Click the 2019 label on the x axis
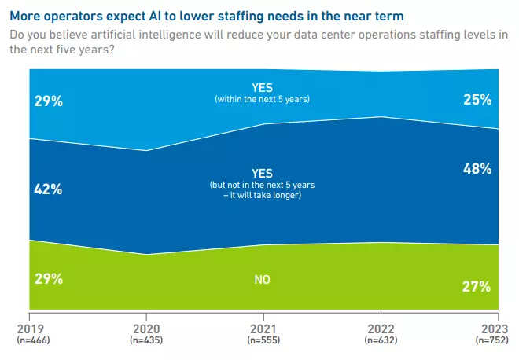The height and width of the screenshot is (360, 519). pyautogui.click(x=29, y=329)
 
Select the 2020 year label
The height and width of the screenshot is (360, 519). pyautogui.click(x=145, y=329)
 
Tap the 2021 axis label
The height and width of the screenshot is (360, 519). pyautogui.click(x=263, y=329)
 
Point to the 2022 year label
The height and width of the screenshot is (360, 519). pyautogui.click(x=381, y=329)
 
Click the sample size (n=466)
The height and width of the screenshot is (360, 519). pyautogui.click(x=30, y=340)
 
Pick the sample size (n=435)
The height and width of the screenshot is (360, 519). pyautogui.click(x=145, y=340)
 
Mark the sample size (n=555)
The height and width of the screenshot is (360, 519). pyautogui.click(x=263, y=340)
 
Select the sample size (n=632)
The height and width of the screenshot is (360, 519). pyautogui.click(x=381, y=340)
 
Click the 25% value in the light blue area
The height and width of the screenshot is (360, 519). pyautogui.click(x=477, y=100)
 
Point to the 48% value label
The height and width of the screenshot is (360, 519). pyautogui.click(x=477, y=168)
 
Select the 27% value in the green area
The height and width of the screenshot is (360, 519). pyautogui.click(x=477, y=286)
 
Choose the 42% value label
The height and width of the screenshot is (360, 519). pyautogui.click(x=49, y=189)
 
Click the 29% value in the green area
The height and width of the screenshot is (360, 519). pyautogui.click(x=49, y=278)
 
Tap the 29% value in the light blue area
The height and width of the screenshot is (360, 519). pyautogui.click(x=49, y=102)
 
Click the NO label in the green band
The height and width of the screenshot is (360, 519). pyautogui.click(x=263, y=279)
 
